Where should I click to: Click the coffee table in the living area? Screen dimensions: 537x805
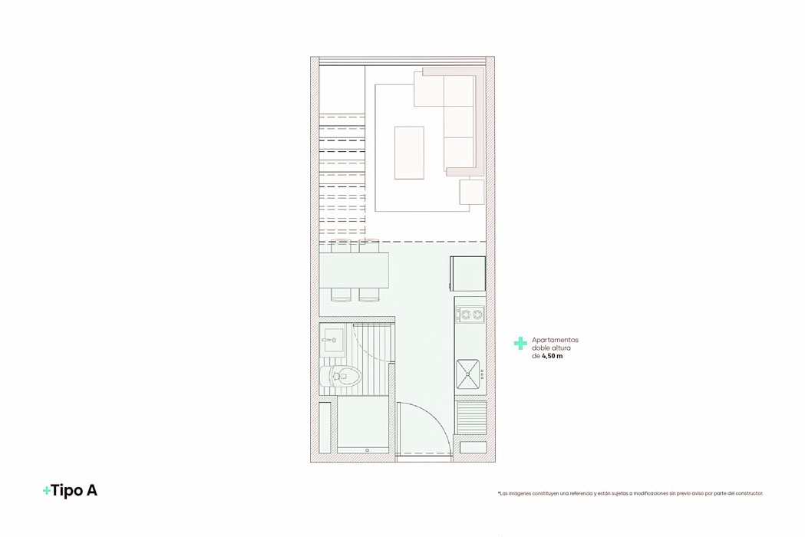[x=409, y=153]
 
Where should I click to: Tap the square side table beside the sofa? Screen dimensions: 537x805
[x=471, y=192]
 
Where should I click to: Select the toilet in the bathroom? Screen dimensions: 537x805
[x=343, y=376]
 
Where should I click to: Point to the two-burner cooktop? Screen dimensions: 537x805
[x=470, y=313]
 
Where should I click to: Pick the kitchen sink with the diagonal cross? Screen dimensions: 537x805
[x=469, y=374]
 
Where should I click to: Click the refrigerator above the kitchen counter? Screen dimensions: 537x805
[x=467, y=273]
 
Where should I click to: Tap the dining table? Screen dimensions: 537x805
[x=354, y=269]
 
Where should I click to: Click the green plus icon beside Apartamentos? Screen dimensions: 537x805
[x=520, y=344]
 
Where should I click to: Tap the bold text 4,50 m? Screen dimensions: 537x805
[x=553, y=356]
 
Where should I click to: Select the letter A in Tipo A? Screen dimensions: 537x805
[x=92, y=491]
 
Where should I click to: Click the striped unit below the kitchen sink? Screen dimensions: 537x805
[x=471, y=417]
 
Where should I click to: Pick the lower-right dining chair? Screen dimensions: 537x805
[x=369, y=294]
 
